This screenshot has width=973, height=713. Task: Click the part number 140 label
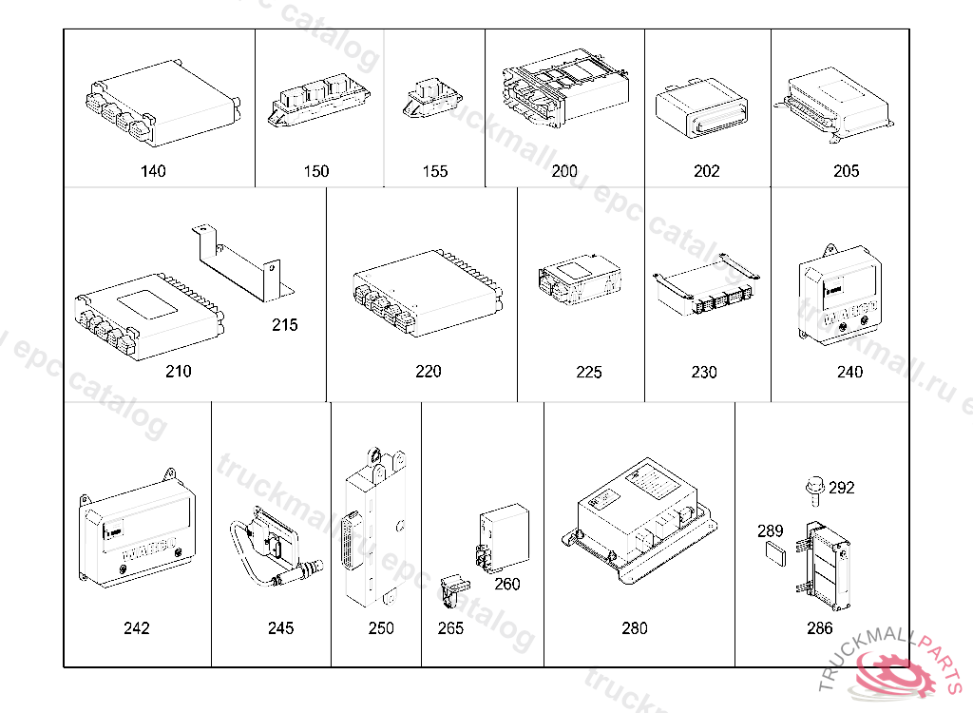pyautogui.click(x=152, y=171)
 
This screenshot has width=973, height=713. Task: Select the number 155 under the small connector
pyautogui.click(x=435, y=171)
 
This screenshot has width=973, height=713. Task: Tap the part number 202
pyautogui.click(x=707, y=171)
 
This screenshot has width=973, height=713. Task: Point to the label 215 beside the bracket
pyautogui.click(x=284, y=325)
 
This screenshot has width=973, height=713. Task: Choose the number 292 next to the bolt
pyautogui.click(x=841, y=488)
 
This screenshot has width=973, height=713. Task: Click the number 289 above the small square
pyautogui.click(x=771, y=531)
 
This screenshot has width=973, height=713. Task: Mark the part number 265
pyautogui.click(x=450, y=628)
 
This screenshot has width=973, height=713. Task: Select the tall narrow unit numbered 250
pyautogui.click(x=375, y=532)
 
